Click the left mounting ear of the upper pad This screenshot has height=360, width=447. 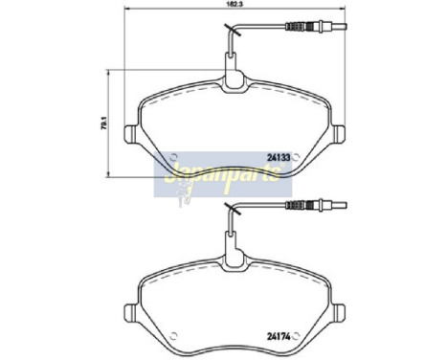(132, 129)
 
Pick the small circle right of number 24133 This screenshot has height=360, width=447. (300, 157)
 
